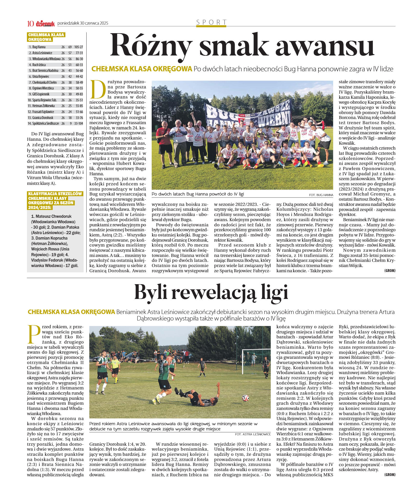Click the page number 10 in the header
coord(30,24)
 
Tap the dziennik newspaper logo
coord(45,24)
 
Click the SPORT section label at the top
coord(211,22)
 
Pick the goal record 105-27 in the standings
coord(79,47)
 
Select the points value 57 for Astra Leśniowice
coord(70,53)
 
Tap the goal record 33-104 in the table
coord(79,123)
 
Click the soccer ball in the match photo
coord(245,398)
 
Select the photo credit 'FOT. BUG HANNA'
coord(321,195)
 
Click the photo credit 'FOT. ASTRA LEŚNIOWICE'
coord(253,434)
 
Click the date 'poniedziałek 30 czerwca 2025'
coord(83,23)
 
